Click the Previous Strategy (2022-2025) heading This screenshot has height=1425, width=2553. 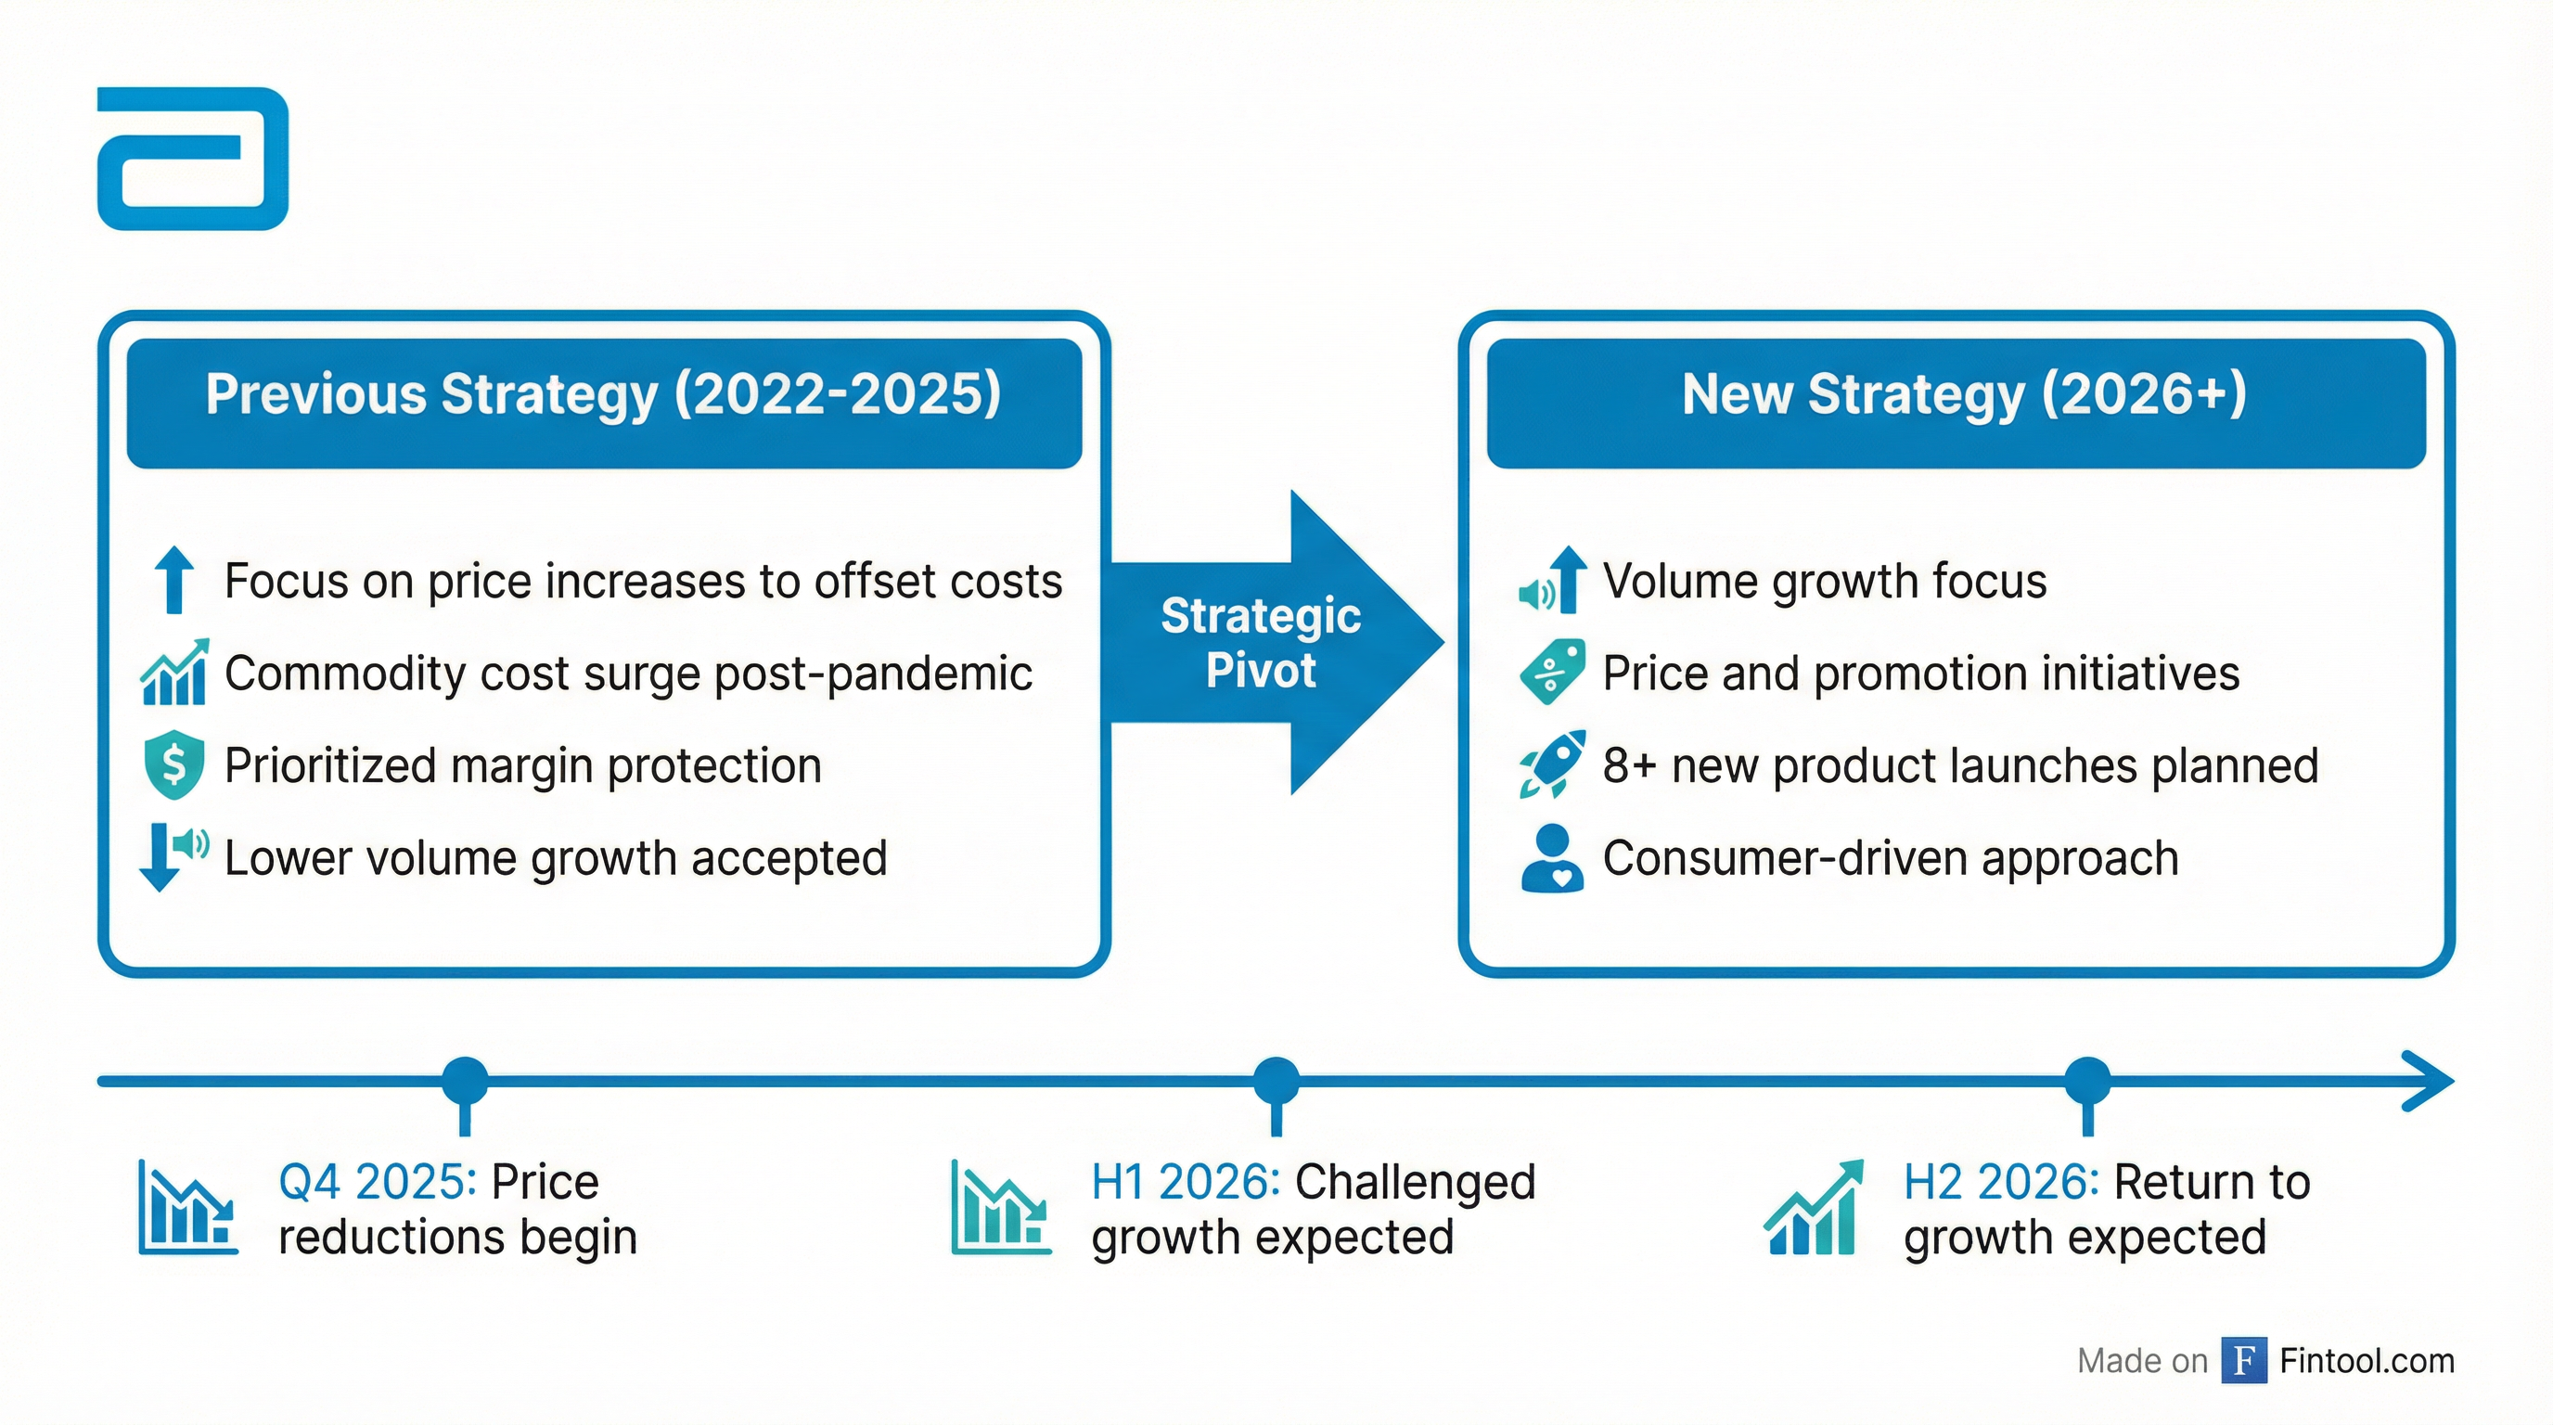click(x=604, y=394)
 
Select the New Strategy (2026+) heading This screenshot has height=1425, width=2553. click(x=1964, y=394)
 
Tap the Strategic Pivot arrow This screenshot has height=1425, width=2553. click(x=1276, y=642)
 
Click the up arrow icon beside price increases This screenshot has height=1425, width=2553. click(x=175, y=580)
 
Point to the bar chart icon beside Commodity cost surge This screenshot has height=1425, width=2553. click(x=174, y=672)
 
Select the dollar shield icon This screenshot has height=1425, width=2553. click(x=174, y=764)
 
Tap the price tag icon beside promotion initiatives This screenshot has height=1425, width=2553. click(x=1552, y=672)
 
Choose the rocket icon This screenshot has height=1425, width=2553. click(x=1552, y=764)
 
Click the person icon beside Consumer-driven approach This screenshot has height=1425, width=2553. click(x=1552, y=858)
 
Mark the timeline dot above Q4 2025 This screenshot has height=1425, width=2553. click(x=465, y=1080)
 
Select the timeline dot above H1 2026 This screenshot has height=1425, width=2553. click(x=1276, y=1080)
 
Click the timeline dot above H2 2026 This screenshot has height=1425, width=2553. click(x=2088, y=1080)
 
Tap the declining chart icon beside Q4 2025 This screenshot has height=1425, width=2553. click(x=188, y=1207)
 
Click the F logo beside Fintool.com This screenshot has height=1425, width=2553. click(x=2245, y=1361)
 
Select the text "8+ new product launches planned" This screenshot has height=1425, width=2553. click(x=1961, y=766)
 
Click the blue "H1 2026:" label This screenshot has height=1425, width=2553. click(x=1187, y=1181)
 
